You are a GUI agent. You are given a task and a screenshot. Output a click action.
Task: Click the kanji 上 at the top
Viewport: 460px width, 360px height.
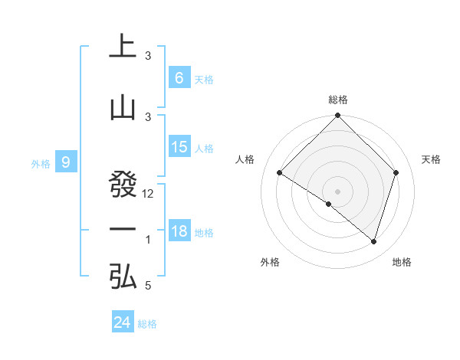click(x=123, y=46)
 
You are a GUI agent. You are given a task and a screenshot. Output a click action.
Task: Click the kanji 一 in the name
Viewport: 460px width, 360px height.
click(x=123, y=230)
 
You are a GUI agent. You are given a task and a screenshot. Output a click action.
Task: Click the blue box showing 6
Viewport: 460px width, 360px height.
click(x=179, y=78)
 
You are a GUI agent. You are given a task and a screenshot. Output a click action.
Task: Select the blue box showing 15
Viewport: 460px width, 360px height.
click(x=179, y=147)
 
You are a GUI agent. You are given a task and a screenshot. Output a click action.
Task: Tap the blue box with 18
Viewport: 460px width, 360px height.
click(x=179, y=231)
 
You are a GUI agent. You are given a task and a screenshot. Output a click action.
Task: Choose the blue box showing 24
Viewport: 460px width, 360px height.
click(x=123, y=322)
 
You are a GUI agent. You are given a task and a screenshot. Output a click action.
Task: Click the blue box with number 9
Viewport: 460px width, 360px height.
click(x=66, y=162)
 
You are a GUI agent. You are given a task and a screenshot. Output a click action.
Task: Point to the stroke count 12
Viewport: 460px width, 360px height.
click(x=148, y=194)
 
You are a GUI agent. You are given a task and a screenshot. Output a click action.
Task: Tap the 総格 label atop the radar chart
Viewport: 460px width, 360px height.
click(x=337, y=100)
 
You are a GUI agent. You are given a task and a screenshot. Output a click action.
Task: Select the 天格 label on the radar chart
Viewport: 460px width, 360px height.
click(x=432, y=159)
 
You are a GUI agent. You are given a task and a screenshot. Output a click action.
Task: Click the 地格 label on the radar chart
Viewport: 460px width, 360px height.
click(x=402, y=262)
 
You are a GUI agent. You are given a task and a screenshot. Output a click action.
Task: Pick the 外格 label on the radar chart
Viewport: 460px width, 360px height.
click(x=270, y=262)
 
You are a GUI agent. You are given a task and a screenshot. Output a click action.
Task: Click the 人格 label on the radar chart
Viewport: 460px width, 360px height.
click(x=245, y=159)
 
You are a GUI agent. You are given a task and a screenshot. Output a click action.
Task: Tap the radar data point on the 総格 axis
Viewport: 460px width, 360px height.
click(x=337, y=116)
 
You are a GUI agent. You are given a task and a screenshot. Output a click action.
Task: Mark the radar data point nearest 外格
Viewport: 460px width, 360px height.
click(x=329, y=204)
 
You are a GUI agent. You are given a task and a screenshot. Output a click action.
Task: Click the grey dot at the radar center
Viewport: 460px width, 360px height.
click(x=337, y=191)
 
